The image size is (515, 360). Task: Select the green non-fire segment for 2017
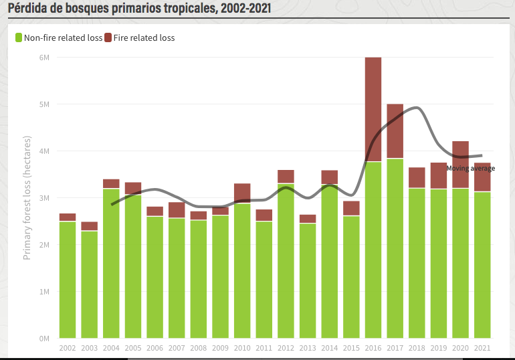(x=395, y=248)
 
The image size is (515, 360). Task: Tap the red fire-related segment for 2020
(x=460, y=165)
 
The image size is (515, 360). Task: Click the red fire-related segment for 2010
(x=242, y=193)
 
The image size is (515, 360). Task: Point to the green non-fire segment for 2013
(x=308, y=280)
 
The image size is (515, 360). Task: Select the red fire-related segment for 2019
(x=438, y=176)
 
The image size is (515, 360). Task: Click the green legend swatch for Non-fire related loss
(x=19, y=37)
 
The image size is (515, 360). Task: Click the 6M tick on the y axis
(x=44, y=58)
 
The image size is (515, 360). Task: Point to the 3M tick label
(x=44, y=198)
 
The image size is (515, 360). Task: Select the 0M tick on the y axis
(x=44, y=339)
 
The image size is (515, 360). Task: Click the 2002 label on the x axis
(x=68, y=348)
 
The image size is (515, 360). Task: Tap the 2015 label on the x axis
(x=351, y=348)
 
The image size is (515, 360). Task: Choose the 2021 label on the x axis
(x=482, y=348)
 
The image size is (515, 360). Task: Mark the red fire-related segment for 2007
(x=177, y=210)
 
